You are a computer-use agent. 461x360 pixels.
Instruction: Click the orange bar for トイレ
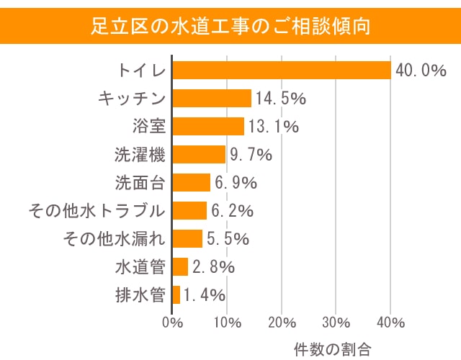click(282, 71)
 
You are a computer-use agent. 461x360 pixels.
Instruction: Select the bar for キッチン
click(212, 99)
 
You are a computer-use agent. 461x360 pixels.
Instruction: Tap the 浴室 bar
click(209, 127)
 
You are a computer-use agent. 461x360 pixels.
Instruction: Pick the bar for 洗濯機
click(200, 154)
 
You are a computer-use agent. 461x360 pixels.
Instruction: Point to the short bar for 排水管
click(176, 294)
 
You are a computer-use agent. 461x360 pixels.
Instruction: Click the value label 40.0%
click(419, 71)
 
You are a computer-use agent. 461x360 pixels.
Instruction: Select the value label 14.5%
click(279, 99)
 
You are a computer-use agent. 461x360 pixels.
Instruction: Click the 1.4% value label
click(205, 294)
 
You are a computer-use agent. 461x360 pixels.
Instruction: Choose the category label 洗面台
click(140, 182)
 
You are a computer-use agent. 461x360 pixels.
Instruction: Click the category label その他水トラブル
click(97, 210)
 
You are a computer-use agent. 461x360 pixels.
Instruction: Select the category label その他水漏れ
click(115, 238)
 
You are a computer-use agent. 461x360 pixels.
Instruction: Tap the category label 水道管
click(140, 266)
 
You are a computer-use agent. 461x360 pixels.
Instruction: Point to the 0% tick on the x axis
click(173, 321)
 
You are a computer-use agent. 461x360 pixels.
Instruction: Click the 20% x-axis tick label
click(282, 321)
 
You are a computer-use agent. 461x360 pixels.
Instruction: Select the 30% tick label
click(336, 321)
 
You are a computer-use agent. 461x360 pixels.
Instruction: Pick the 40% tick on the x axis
click(390, 321)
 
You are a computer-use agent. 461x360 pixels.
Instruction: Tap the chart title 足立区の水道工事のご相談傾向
click(230, 27)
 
